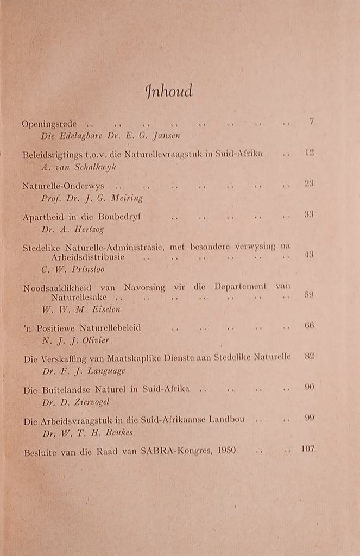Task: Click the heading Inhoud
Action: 169,91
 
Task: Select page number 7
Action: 311,122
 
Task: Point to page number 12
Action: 310,153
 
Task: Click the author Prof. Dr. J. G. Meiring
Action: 92,198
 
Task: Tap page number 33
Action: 310,214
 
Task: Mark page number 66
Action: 310,325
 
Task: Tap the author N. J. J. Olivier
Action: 77,341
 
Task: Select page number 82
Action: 310,356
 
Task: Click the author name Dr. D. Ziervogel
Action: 75,402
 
